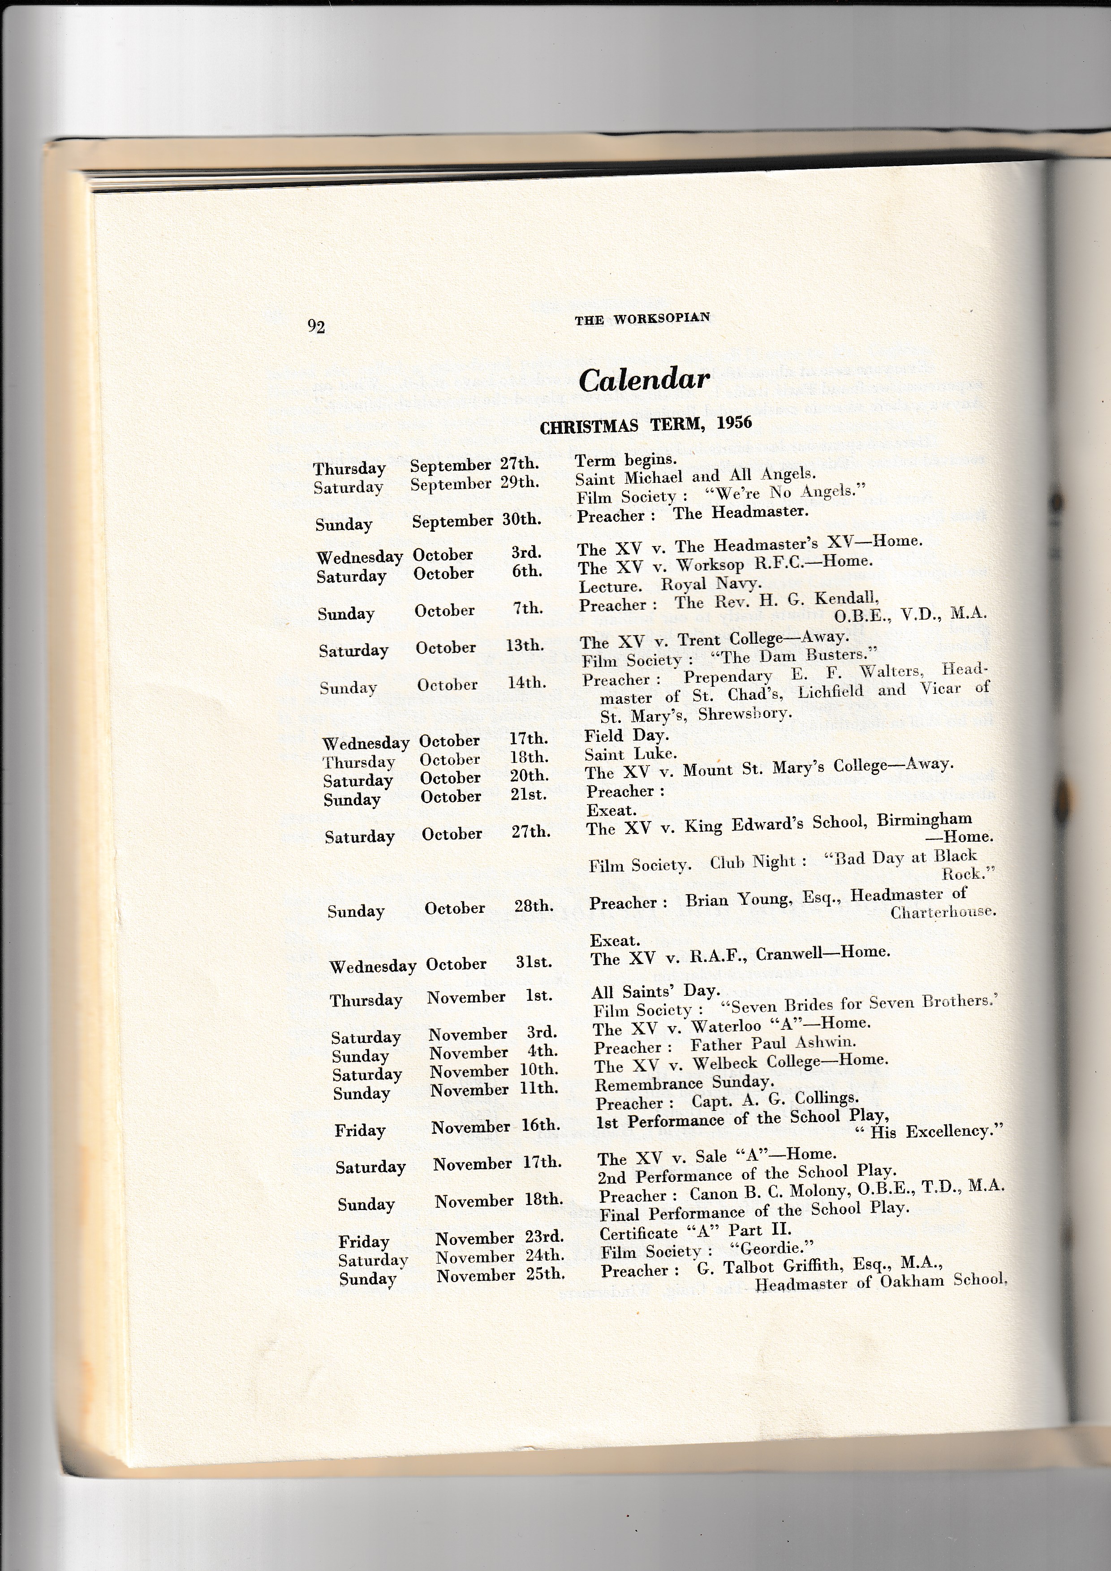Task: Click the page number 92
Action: click(316, 327)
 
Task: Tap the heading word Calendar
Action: click(644, 380)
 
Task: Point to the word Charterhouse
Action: click(943, 912)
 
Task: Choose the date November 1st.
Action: click(489, 997)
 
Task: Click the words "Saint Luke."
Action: click(630, 755)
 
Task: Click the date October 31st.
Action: click(488, 964)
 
